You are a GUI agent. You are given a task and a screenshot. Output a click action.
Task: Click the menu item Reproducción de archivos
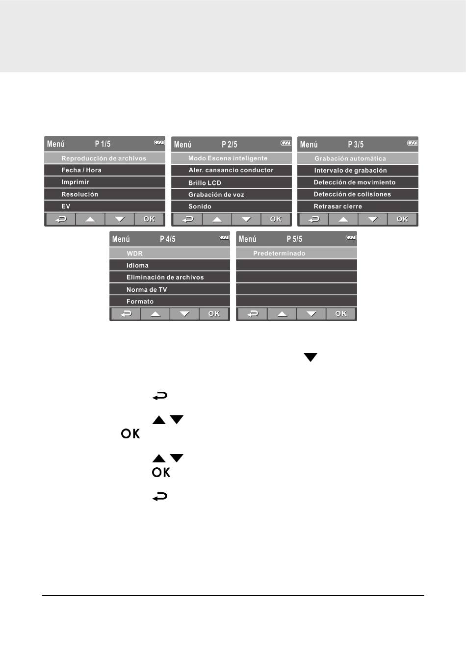pos(104,158)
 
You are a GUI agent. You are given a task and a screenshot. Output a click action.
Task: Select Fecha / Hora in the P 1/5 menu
pos(81,170)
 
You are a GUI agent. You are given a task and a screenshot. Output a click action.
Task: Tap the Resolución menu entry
pos(79,194)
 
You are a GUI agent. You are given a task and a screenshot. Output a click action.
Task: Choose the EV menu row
pos(66,206)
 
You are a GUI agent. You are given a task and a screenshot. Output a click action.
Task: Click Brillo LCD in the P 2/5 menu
pos(205,183)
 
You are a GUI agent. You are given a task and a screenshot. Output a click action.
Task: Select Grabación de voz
pos(216,195)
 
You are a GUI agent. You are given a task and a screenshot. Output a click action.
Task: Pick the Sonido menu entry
pos(200,206)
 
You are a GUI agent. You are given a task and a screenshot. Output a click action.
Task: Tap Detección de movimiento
pos(354,182)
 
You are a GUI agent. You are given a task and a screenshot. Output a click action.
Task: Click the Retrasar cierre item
pos(337,206)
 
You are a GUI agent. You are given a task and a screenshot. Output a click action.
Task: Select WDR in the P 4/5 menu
pos(134,253)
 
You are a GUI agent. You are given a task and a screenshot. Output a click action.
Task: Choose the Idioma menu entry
pos(137,265)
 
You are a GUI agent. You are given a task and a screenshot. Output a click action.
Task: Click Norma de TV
pos(147,290)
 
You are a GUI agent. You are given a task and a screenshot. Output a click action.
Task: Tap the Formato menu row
pos(140,302)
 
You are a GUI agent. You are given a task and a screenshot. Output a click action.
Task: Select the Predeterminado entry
pos(279,253)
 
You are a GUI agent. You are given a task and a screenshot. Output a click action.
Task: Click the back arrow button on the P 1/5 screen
pos(61,219)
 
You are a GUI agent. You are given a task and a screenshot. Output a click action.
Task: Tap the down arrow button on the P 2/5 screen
pos(246,219)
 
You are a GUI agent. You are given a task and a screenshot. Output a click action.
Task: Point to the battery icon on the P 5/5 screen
pos(351,238)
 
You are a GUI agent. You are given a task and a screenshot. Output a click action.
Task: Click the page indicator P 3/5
pos(356,145)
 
